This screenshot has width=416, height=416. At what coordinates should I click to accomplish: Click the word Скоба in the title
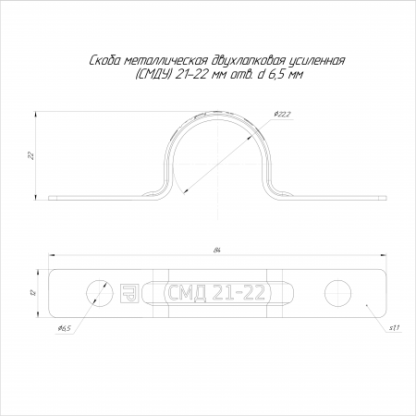[x=104, y=61]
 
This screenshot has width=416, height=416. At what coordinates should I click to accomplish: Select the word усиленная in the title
[x=316, y=62]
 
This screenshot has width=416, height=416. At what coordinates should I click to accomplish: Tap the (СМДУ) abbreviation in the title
[x=153, y=75]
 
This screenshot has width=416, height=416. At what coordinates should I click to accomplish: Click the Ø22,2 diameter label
[x=282, y=115]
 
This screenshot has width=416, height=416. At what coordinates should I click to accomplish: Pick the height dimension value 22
[x=31, y=155]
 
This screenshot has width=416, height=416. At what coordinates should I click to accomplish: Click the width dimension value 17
[x=34, y=292]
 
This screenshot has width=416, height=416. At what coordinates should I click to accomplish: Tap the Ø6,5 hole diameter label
[x=64, y=328]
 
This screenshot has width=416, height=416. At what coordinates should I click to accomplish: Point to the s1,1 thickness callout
[x=394, y=328]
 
